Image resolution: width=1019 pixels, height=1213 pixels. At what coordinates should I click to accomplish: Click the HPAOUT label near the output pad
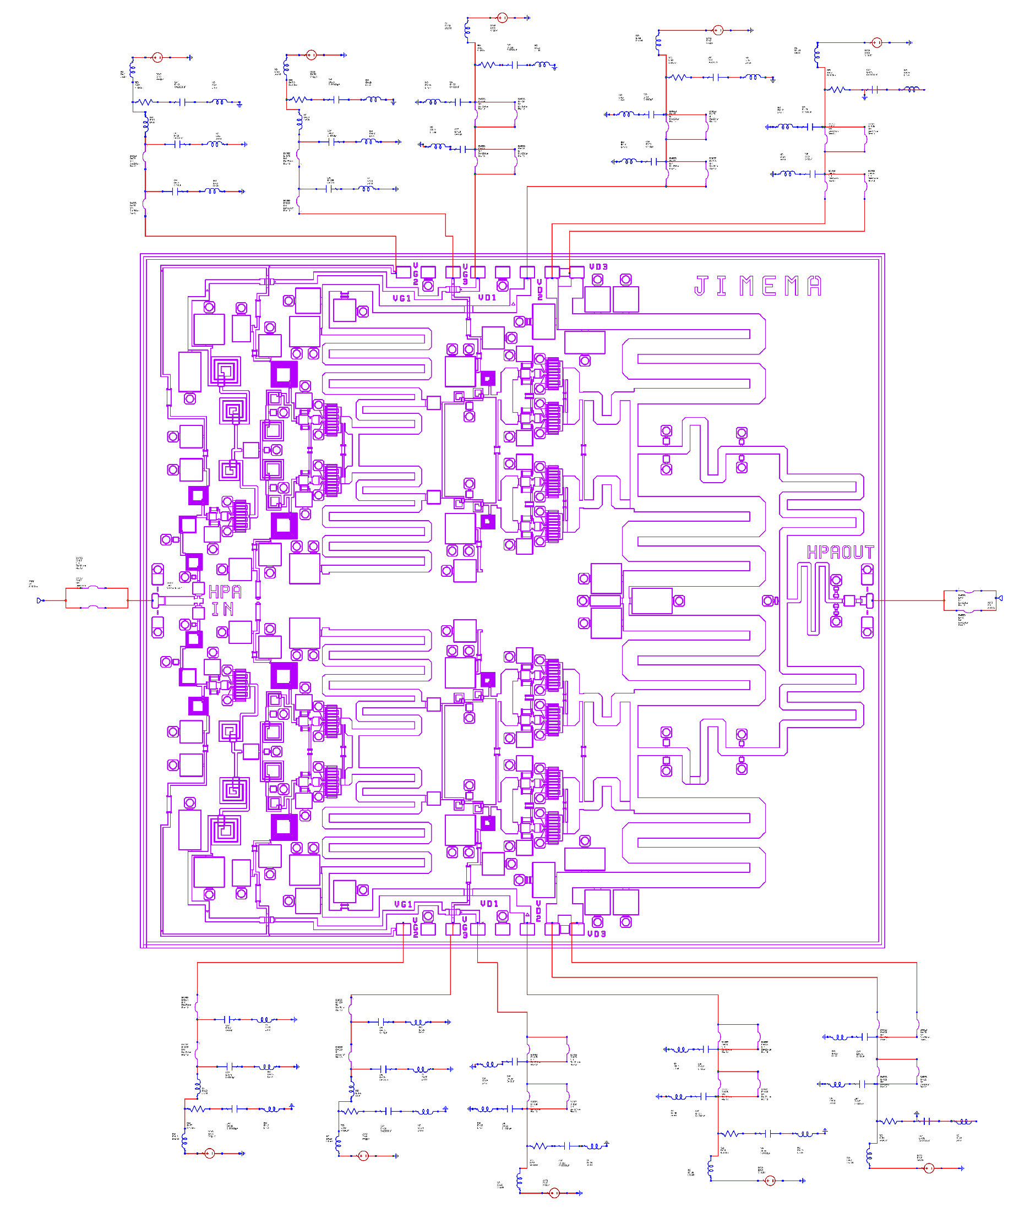841,552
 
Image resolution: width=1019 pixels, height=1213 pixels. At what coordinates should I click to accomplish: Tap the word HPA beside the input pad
225,592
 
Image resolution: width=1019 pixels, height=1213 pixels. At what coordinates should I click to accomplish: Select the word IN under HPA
222,609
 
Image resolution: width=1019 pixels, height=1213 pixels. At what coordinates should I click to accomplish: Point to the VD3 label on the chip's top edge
598,267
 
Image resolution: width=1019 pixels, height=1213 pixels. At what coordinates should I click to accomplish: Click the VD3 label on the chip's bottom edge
597,934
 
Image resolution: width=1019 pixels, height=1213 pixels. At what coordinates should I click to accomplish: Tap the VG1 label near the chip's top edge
402,299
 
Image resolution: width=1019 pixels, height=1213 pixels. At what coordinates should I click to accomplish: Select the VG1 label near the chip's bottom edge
403,905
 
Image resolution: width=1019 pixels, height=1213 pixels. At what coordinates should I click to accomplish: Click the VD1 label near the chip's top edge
488,298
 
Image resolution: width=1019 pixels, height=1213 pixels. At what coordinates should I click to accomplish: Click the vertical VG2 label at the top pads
415,275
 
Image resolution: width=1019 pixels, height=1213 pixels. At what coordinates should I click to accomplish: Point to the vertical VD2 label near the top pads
540,290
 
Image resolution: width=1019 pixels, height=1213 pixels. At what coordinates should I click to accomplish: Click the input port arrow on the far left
39,601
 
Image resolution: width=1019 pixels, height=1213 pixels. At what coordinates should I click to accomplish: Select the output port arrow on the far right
1000,598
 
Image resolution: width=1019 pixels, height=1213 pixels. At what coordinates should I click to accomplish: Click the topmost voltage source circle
502,18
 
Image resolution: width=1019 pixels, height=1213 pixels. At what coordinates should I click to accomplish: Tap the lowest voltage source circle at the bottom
554,1193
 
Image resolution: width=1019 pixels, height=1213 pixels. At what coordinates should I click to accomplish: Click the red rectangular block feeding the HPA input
96,598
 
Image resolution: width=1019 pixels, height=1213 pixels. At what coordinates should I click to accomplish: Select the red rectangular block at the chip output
970,601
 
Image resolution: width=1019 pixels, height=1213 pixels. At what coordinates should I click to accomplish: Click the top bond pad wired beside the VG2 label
403,271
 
